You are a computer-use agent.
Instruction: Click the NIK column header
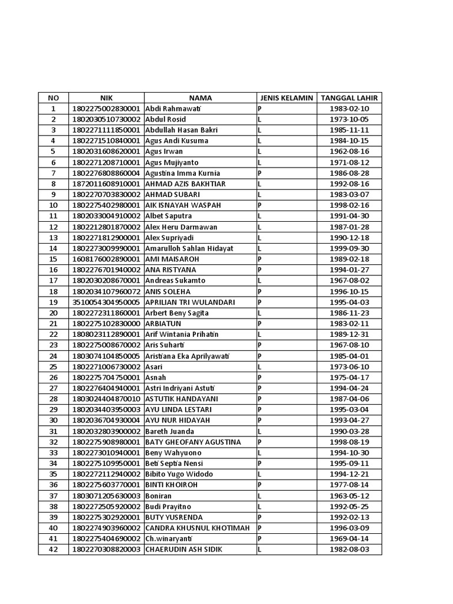tap(106, 98)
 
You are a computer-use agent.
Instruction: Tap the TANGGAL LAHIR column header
tap(349, 98)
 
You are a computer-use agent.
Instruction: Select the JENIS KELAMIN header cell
tap(286, 98)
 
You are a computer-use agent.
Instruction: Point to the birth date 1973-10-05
tap(349, 119)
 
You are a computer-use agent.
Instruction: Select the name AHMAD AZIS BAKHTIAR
tap(184, 184)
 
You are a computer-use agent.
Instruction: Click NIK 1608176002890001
tap(106, 259)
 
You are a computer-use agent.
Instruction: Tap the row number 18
tap(54, 291)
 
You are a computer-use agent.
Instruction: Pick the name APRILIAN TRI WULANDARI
tap(190, 302)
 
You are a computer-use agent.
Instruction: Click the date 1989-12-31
tap(349, 334)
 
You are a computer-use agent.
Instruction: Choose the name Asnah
tap(156, 377)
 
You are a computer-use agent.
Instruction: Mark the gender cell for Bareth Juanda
tap(286, 431)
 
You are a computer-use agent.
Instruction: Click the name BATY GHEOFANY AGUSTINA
tap(193, 442)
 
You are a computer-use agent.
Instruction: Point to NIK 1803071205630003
tap(106, 496)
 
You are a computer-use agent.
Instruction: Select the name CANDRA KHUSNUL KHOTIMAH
tap(198, 528)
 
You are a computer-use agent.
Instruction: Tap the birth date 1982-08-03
tap(349, 550)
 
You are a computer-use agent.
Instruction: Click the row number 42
tap(54, 550)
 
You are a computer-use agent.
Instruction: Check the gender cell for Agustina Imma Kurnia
tap(286, 173)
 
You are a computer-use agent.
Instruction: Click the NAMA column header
tap(201, 98)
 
